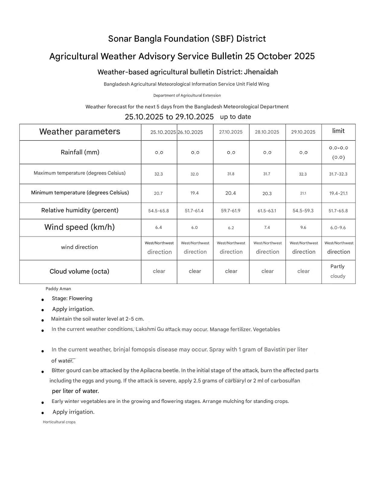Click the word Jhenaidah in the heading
(x=261, y=72)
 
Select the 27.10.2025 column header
(x=231, y=132)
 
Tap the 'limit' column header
(x=338, y=131)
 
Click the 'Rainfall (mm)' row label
(x=80, y=152)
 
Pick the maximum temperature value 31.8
(x=231, y=174)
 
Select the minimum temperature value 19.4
(x=194, y=193)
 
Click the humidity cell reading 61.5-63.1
(x=267, y=211)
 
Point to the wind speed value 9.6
(x=303, y=227)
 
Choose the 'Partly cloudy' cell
(x=338, y=271)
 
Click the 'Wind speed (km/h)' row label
(x=79, y=227)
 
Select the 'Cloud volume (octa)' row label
(x=79, y=271)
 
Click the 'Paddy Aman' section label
(x=58, y=289)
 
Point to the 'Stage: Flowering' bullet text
(x=72, y=298)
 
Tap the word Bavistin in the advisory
(x=274, y=350)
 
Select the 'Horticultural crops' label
(x=59, y=422)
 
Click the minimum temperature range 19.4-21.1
(x=338, y=193)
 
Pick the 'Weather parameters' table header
(x=80, y=132)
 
